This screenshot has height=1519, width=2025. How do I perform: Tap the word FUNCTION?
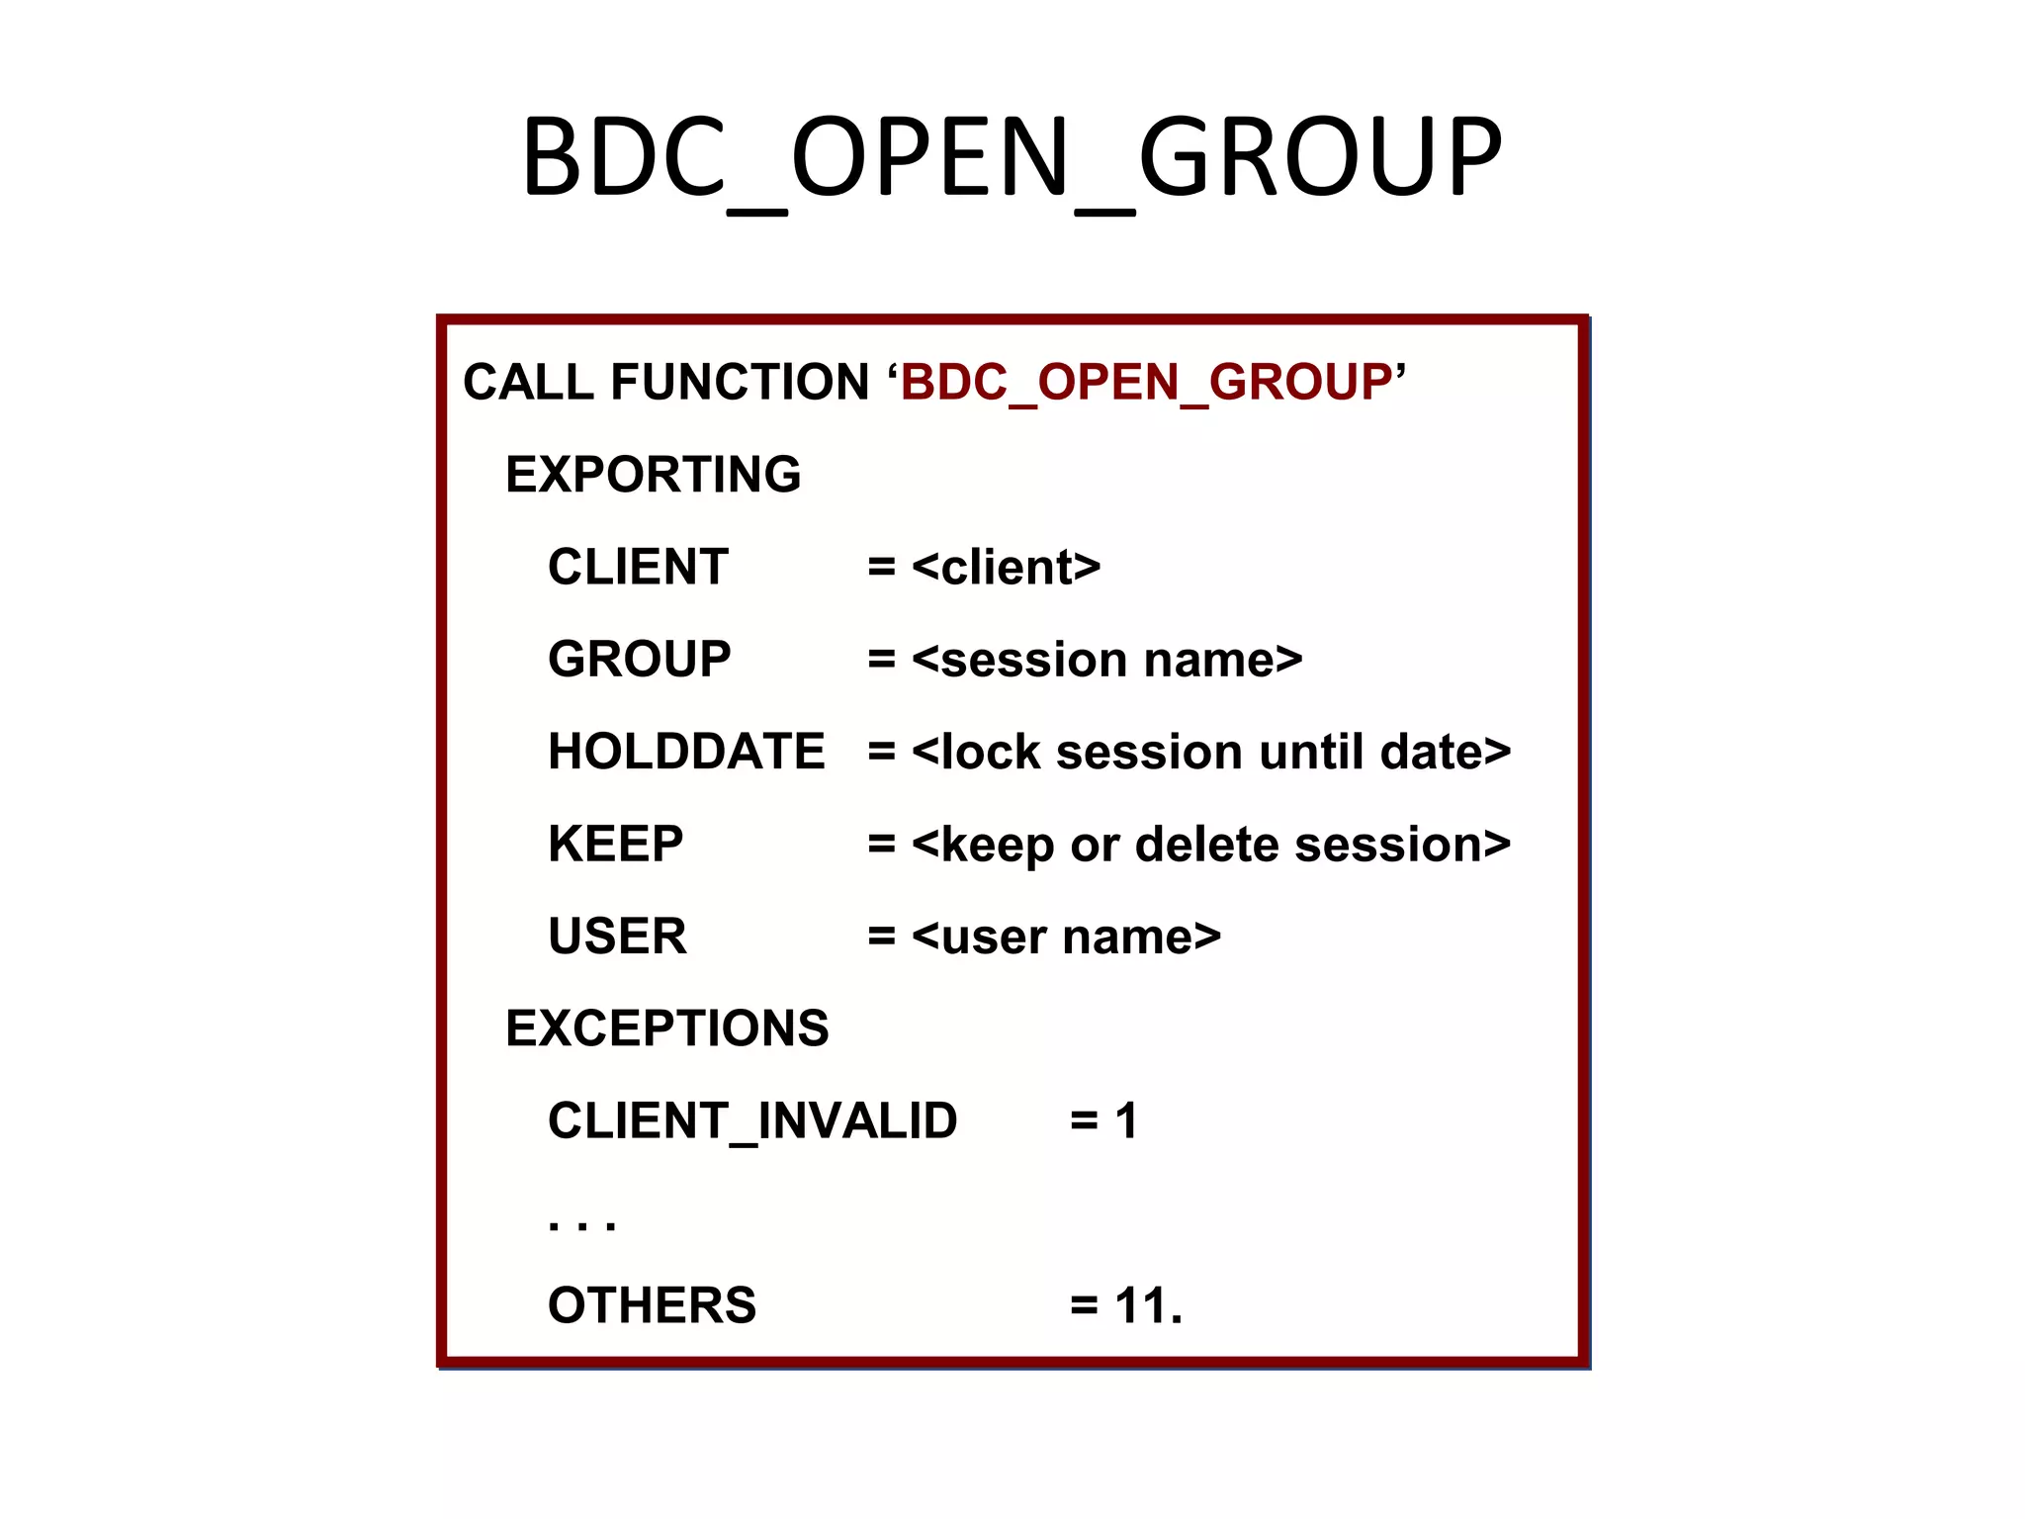point(740,383)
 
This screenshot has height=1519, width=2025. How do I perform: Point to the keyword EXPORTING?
point(653,475)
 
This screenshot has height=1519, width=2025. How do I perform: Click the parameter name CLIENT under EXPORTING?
point(638,568)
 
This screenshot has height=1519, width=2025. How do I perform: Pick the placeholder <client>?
point(1006,568)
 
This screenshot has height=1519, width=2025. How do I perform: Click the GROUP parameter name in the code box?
point(639,660)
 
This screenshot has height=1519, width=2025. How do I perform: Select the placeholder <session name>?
point(1106,660)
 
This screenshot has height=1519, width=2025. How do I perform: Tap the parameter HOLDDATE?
point(686,752)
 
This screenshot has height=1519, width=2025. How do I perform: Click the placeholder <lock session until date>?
point(1211,752)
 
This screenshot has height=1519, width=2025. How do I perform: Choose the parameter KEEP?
point(615,845)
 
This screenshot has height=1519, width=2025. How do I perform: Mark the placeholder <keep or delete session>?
point(1211,845)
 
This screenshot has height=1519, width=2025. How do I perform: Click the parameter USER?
point(617,937)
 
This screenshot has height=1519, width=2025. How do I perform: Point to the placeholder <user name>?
point(1066,937)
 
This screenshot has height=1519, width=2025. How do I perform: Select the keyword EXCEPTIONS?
point(666,1028)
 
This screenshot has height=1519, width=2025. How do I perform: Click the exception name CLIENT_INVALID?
point(752,1121)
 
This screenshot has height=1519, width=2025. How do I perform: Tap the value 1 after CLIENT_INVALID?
point(1126,1121)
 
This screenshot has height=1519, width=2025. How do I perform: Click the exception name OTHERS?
point(652,1305)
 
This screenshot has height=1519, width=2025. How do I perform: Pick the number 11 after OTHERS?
point(1138,1305)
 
